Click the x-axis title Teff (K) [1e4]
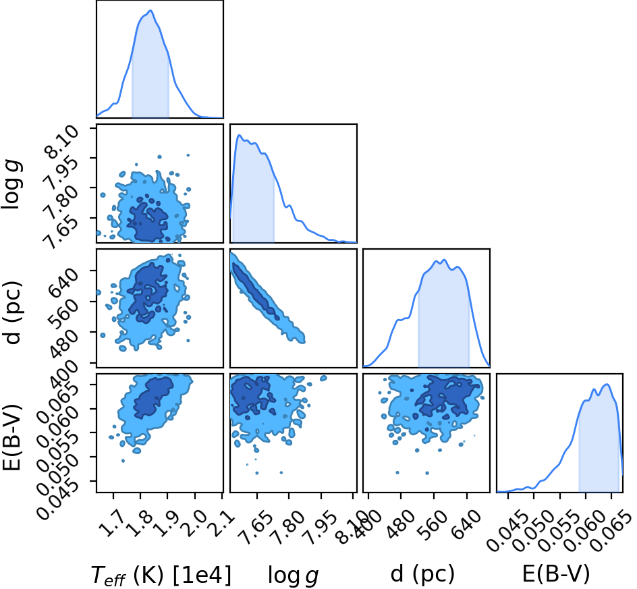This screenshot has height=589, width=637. (x=161, y=576)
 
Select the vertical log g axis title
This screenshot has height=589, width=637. (x=11, y=185)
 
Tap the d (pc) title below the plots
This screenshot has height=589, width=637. (x=422, y=574)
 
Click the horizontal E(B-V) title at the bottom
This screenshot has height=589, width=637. (x=556, y=574)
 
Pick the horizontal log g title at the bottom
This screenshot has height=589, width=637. (x=293, y=576)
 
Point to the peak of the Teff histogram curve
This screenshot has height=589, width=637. (x=150, y=11)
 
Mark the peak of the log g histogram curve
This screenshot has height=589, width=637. (x=239, y=135)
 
